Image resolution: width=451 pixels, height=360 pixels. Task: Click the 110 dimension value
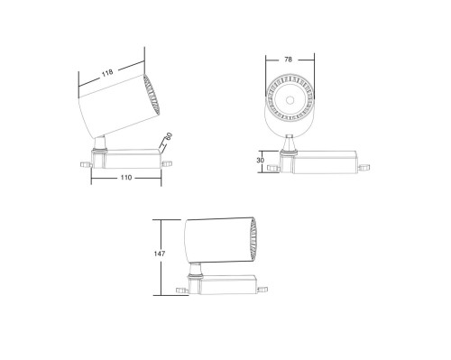pyautogui.click(x=126, y=179)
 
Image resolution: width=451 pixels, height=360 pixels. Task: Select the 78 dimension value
pyautogui.click(x=288, y=60)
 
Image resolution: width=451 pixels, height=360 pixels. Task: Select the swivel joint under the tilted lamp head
pyautogui.click(x=101, y=143)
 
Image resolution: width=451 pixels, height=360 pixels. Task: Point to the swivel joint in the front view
pyautogui.click(x=289, y=144)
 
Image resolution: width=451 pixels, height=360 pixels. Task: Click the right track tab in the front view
pyautogui.click(x=364, y=167)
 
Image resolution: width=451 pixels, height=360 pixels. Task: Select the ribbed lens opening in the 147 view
pyautogui.click(x=253, y=239)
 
